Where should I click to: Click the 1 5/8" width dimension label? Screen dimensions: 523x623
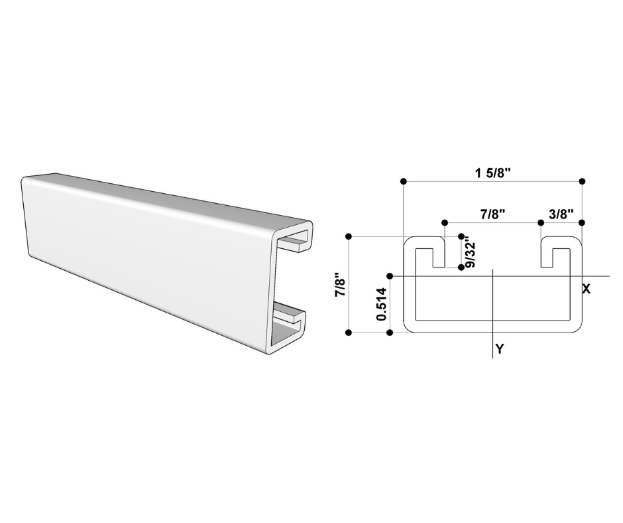pos(492,174)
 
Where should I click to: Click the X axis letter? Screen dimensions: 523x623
pos(586,289)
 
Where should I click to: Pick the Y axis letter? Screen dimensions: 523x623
pos(499,348)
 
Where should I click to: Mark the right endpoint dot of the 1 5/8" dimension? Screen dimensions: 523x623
pos(582,181)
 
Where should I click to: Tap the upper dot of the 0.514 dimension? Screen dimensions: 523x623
pos(390,275)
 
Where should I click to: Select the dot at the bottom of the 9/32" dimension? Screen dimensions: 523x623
pos(461,267)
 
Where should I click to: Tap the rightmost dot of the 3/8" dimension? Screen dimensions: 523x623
pos(582,222)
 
